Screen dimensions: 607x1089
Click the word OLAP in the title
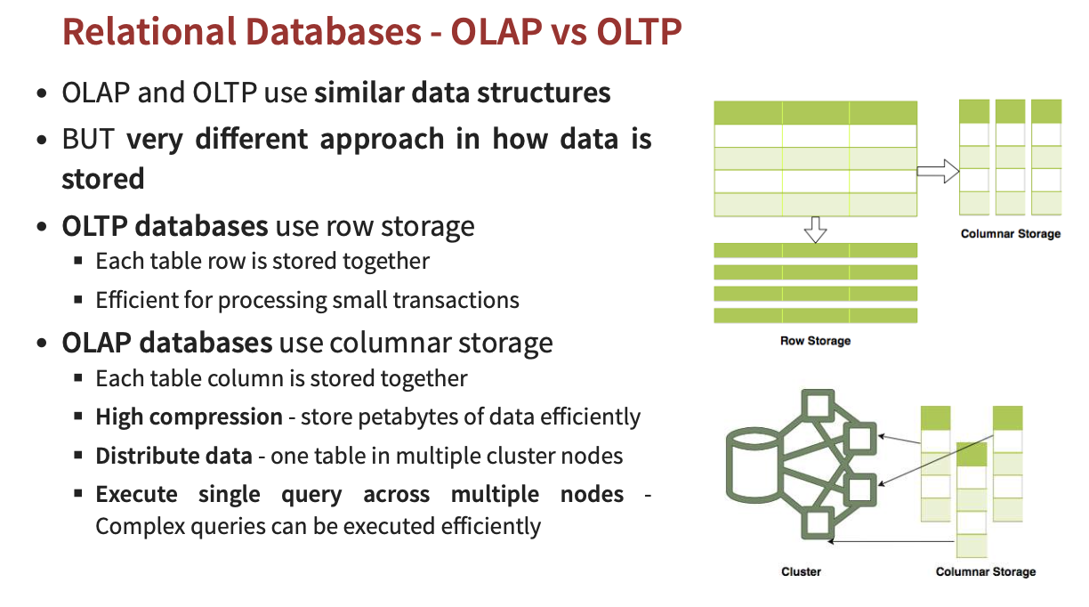(499, 33)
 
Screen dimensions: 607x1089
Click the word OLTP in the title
(639, 33)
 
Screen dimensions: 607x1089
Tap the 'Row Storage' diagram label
(815, 341)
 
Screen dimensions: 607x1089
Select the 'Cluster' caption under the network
(801, 571)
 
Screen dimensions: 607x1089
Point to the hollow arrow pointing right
(937, 172)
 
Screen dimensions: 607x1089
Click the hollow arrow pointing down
(815, 231)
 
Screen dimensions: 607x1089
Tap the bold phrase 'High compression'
(189, 417)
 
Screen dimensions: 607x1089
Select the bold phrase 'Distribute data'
(173, 456)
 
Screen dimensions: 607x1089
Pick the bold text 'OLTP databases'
(165, 226)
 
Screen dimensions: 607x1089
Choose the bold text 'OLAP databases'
(166, 343)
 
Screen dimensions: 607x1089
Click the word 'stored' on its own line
(103, 179)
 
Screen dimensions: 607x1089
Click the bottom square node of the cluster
(815, 524)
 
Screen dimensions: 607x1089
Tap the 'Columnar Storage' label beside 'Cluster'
(986, 571)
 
